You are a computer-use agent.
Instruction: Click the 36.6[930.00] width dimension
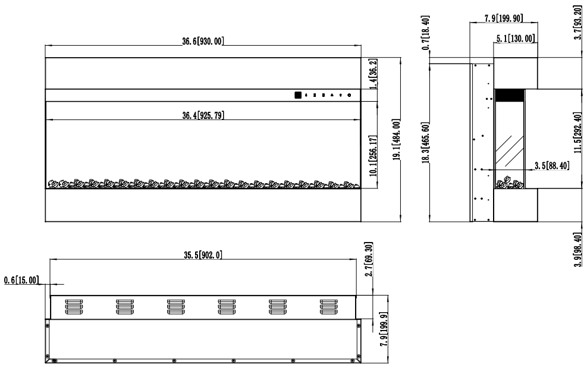(x=203, y=41)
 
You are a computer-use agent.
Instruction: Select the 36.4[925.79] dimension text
(x=203, y=115)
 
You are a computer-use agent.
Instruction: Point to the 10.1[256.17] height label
(x=373, y=156)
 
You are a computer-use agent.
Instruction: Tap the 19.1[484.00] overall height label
(x=397, y=140)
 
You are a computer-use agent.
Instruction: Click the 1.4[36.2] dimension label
(x=373, y=74)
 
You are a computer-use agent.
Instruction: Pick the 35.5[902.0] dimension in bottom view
(x=203, y=255)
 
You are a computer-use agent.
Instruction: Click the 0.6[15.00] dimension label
(x=21, y=280)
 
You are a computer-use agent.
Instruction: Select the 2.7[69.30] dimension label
(x=369, y=259)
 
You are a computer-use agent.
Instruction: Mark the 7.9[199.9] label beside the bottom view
(x=384, y=329)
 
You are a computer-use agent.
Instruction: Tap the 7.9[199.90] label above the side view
(x=504, y=18)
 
